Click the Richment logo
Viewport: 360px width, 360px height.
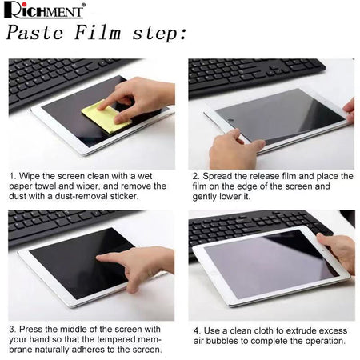45,10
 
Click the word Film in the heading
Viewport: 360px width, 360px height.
98,33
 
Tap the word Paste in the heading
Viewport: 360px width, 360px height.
35,33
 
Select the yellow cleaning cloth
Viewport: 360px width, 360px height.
106,116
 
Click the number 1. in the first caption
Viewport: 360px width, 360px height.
13,176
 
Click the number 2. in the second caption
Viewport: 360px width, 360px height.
196,176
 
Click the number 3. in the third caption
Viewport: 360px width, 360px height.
13,330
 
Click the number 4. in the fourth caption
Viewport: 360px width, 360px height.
197,331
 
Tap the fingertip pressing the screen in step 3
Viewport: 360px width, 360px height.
99,258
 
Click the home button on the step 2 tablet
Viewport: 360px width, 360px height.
231,122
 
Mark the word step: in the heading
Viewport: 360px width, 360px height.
159,34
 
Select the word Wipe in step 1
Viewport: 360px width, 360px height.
30,177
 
